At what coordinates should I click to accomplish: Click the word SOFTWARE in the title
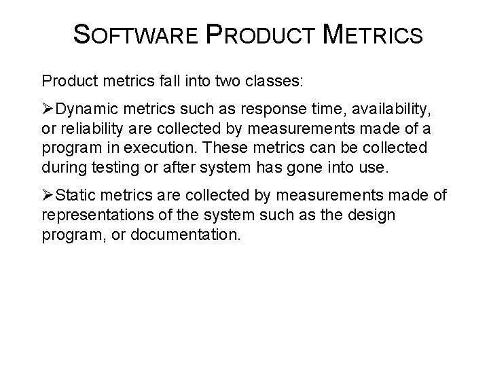tap(139, 35)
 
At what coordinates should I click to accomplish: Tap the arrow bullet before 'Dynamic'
tap(48, 111)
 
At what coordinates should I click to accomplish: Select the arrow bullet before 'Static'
tap(48, 196)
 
